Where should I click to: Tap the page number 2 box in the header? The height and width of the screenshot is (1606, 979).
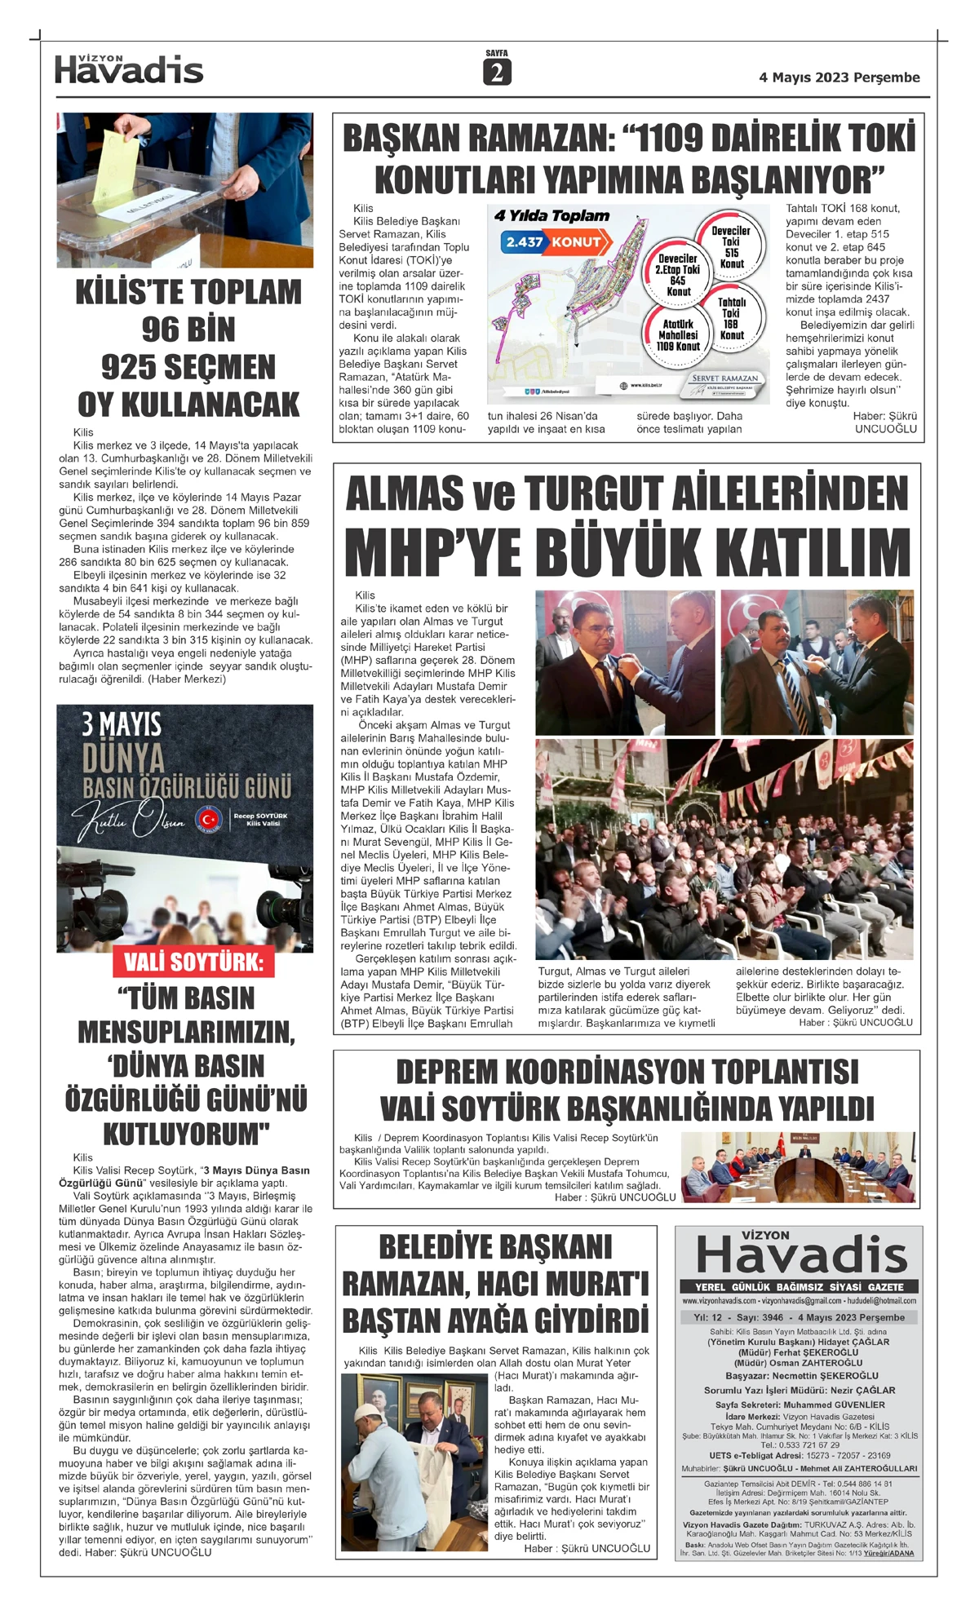[496, 73]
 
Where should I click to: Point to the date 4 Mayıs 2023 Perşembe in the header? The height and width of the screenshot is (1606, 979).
[839, 77]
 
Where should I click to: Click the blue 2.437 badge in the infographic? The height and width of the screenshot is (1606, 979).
[524, 242]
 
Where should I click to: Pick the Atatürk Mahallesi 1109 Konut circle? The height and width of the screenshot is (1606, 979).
[678, 334]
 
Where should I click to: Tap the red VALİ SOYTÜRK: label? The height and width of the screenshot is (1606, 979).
[193, 962]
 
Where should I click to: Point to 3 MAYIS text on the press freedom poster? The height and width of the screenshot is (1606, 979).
[121, 724]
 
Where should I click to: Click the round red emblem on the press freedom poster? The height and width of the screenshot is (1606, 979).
[208, 818]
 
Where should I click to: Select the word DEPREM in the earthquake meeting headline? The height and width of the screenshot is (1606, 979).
[445, 1071]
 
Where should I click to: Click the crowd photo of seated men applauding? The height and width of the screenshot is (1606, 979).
[724, 848]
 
